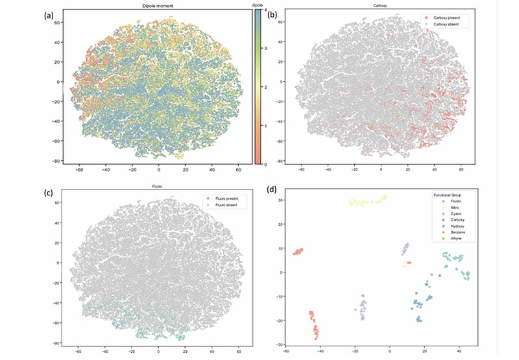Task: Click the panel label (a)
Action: [51, 15]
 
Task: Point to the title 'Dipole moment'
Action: [156, 6]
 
